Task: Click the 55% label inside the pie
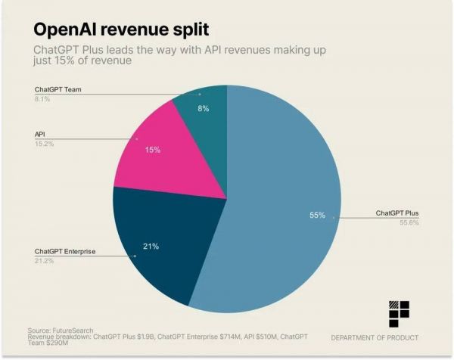[x=317, y=216]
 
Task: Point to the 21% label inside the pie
[x=151, y=246]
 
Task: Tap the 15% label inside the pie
[x=153, y=150]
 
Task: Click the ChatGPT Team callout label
[x=59, y=90]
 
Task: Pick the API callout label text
[x=40, y=134]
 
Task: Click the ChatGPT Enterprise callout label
[x=65, y=251]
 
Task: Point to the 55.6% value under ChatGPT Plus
[x=408, y=222]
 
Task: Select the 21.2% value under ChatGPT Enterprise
[x=44, y=260]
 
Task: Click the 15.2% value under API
[x=44, y=143]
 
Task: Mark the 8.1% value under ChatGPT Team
[x=42, y=99]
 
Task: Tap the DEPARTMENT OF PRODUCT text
[x=375, y=337]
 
